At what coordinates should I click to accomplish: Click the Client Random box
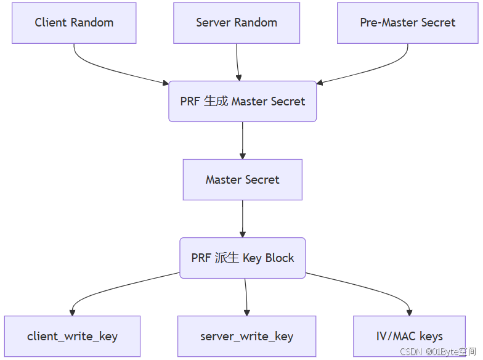74,23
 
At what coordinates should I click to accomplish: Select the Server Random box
237,23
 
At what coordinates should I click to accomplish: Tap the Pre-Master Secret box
407,23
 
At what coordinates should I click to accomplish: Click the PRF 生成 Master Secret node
242,101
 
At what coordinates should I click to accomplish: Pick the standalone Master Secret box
242,180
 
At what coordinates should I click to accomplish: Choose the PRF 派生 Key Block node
242,258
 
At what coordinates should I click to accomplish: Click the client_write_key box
72,337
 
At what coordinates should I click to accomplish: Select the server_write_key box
246,337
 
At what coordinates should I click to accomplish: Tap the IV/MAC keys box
409,337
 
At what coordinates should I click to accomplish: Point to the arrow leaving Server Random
238,62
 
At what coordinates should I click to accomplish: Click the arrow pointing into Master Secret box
242,141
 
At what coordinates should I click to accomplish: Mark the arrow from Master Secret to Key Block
242,219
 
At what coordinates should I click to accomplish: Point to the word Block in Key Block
280,258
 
